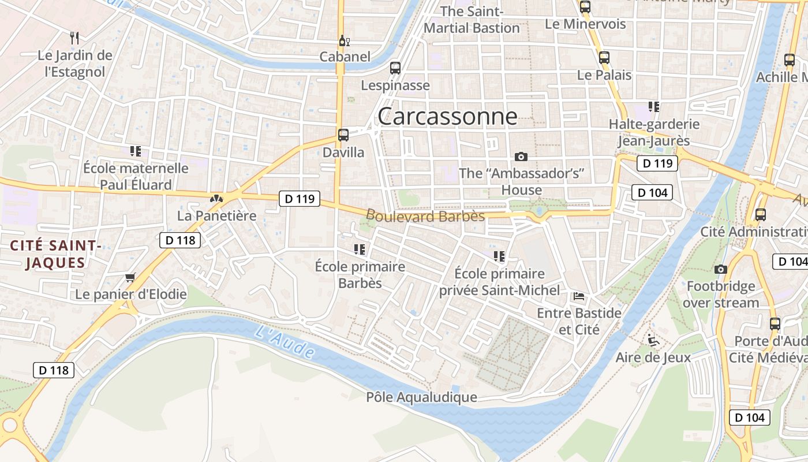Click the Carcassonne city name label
[447, 117]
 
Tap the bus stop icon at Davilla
[343, 135]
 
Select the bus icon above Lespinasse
[395, 68]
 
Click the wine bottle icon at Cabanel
[344, 40]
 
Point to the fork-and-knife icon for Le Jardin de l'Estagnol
[74, 38]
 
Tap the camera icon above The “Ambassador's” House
[521, 157]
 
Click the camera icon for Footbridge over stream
[720, 269]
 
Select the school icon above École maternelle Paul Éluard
[136, 151]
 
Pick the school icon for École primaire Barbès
[360, 249]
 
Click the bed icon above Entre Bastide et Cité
[579, 296]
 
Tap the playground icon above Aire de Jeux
[653, 340]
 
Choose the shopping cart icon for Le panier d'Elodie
[130, 277]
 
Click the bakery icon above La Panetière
[216, 199]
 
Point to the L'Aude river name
[285, 341]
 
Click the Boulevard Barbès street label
[425, 216]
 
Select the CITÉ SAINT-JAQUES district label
[56, 255]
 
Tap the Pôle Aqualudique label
[421, 397]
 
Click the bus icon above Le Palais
[604, 58]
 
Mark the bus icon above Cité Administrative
[761, 215]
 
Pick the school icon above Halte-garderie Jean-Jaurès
[654, 107]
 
